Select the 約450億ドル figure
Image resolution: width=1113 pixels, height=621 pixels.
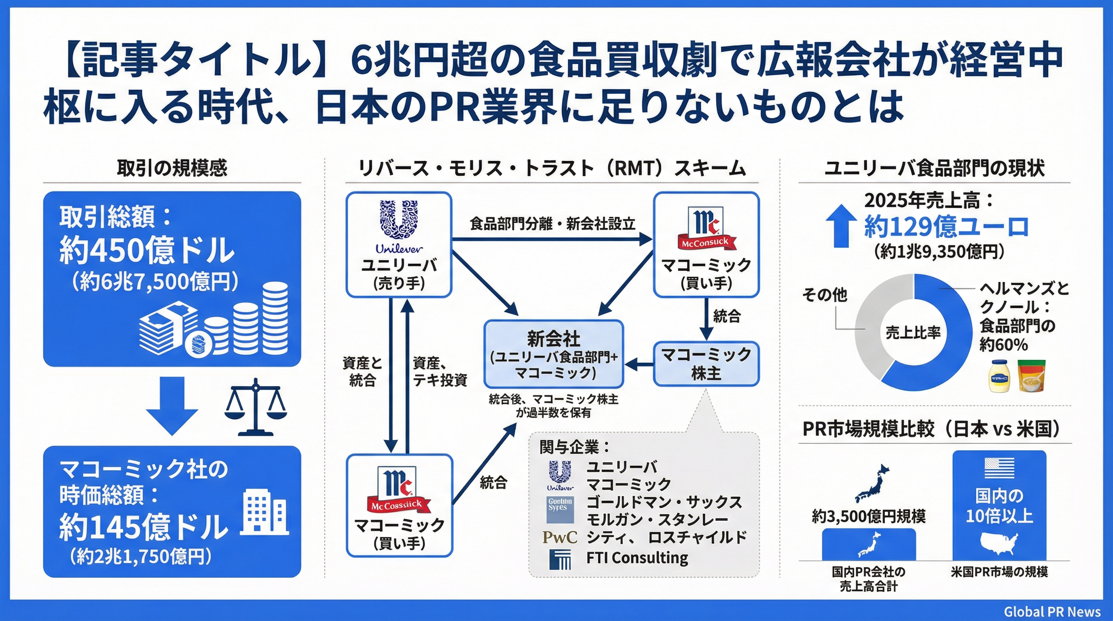pyautogui.click(x=147, y=251)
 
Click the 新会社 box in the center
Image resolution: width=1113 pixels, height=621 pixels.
pyautogui.click(x=554, y=354)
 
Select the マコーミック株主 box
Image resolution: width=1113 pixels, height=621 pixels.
pyautogui.click(x=706, y=363)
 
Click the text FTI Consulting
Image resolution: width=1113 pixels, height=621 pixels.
pyautogui.click(x=637, y=558)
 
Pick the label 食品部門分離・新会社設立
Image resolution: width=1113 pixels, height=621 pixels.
pyautogui.click(x=552, y=224)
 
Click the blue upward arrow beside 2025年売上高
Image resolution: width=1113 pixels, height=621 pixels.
pyautogui.click(x=841, y=225)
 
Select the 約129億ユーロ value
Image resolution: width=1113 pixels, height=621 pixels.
pyautogui.click(x=946, y=226)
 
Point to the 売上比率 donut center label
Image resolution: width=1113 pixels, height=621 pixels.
pyautogui.click(x=913, y=332)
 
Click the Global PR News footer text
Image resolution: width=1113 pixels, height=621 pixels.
pyautogui.click(x=1052, y=612)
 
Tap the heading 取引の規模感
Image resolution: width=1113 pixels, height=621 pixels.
pyautogui.click(x=172, y=167)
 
